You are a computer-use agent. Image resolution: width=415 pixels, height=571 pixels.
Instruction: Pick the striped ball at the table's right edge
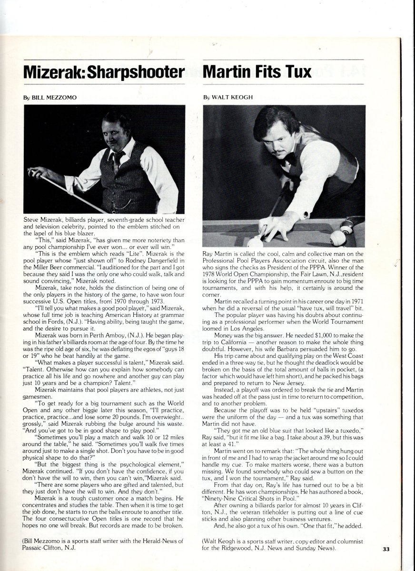[x=346, y=229]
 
